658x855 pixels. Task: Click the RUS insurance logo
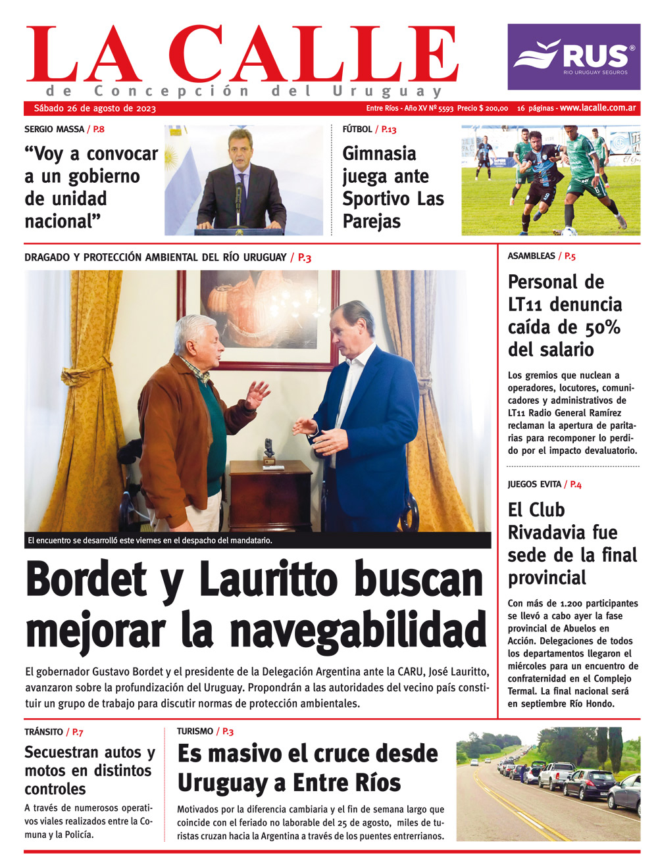(574, 57)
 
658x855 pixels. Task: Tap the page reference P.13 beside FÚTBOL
(389, 130)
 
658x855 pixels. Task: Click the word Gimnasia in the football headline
(379, 154)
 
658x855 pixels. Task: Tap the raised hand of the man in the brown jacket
(257, 395)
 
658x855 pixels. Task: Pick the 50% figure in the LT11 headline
(590, 327)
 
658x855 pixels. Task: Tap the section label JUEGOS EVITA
(534, 485)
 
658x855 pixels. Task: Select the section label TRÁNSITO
(43, 732)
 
